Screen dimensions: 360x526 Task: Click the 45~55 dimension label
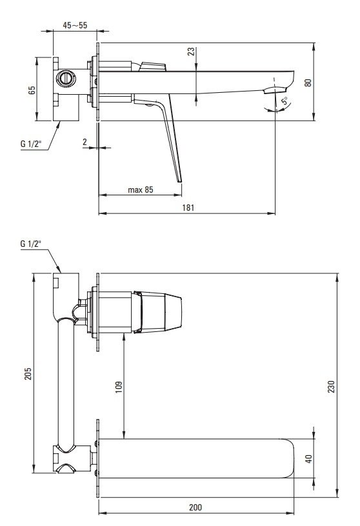click(x=75, y=25)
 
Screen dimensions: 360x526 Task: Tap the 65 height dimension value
click(x=32, y=90)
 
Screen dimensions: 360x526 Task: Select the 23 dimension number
click(x=191, y=52)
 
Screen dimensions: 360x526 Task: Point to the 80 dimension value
click(x=308, y=83)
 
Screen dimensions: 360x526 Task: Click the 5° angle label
click(x=285, y=101)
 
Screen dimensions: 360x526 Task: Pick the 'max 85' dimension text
click(x=141, y=190)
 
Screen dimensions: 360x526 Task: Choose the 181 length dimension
click(x=188, y=208)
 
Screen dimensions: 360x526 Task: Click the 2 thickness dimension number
click(x=85, y=142)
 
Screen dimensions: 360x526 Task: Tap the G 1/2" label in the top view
click(x=31, y=144)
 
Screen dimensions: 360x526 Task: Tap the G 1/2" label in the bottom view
click(x=31, y=244)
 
